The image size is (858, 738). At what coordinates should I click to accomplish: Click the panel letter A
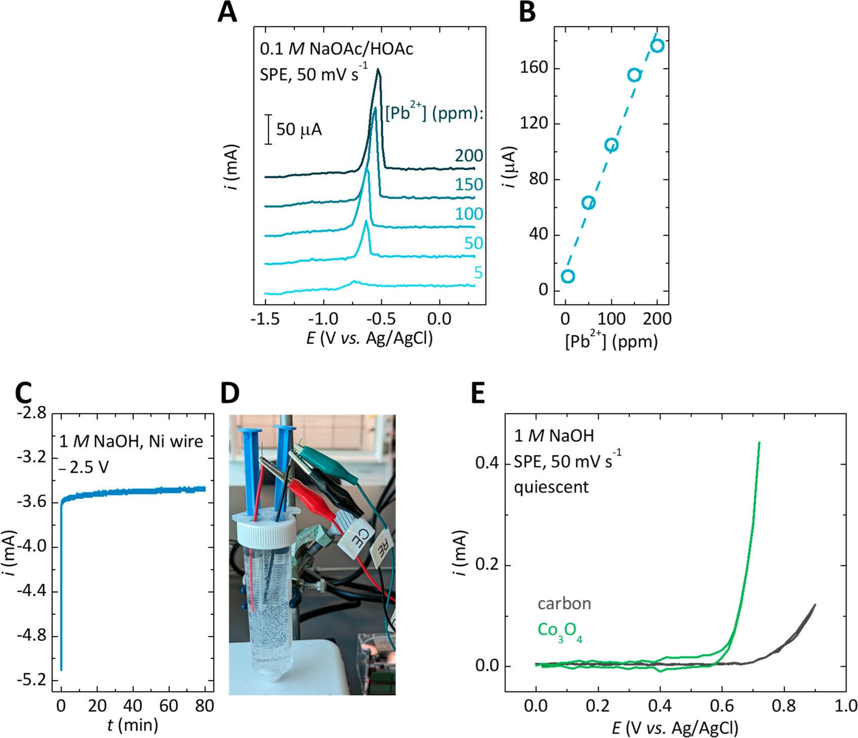227,12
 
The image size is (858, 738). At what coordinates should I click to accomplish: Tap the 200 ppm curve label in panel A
469,156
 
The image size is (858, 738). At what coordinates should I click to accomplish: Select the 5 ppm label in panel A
478,273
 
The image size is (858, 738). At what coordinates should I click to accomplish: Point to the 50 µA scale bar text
299,130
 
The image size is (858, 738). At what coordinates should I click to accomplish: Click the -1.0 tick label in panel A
323,319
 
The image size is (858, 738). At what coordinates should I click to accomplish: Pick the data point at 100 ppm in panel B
611,145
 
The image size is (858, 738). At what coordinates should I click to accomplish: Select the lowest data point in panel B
568,276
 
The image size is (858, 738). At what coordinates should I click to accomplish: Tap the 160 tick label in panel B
534,67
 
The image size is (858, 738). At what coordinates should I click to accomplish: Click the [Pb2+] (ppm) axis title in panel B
611,342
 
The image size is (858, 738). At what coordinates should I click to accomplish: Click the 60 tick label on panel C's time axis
169,706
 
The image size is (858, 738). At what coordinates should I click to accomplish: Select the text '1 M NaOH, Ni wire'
131,441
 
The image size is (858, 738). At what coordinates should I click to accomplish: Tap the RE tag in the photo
382,549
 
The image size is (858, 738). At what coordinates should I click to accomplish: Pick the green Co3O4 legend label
559,631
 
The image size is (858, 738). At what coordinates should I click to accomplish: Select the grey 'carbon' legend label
564,603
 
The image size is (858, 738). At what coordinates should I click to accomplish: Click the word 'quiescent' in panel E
551,487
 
